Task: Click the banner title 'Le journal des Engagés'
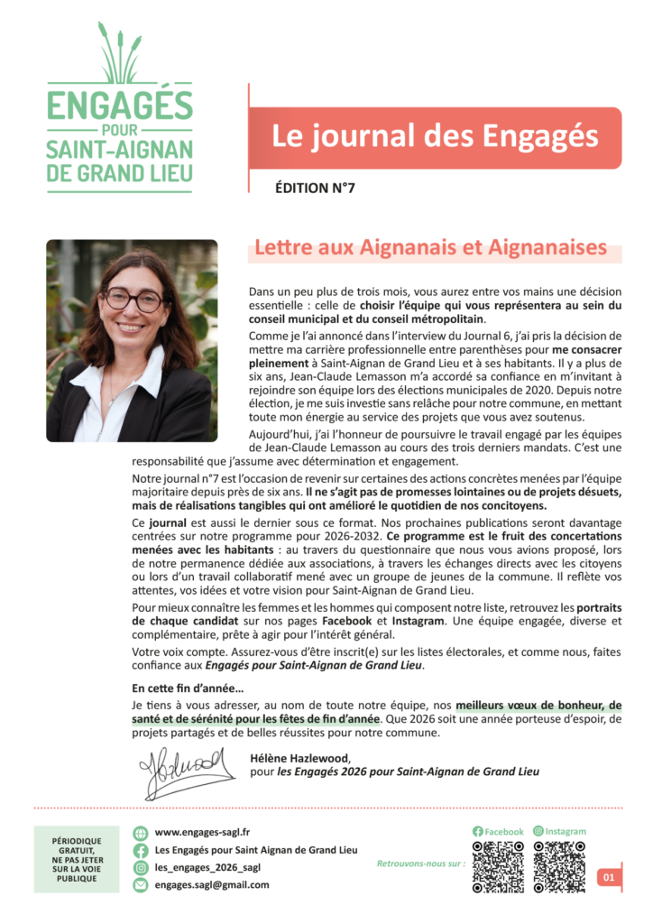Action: tap(435, 137)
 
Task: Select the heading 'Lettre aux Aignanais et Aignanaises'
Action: tap(431, 247)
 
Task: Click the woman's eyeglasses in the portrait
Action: tap(133, 299)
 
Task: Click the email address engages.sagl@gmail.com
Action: tap(212, 885)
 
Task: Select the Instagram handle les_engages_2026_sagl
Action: tap(207, 867)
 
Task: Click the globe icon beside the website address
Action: tap(140, 833)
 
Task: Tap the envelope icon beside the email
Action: tap(140, 885)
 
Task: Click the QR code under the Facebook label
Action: tap(498, 867)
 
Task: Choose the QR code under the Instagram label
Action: tap(559, 867)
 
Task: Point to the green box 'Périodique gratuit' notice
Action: tap(76, 858)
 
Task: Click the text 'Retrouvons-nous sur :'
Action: tap(420, 864)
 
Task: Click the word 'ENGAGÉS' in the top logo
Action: tap(120, 106)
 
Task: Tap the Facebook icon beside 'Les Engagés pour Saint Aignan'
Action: tap(140, 850)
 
